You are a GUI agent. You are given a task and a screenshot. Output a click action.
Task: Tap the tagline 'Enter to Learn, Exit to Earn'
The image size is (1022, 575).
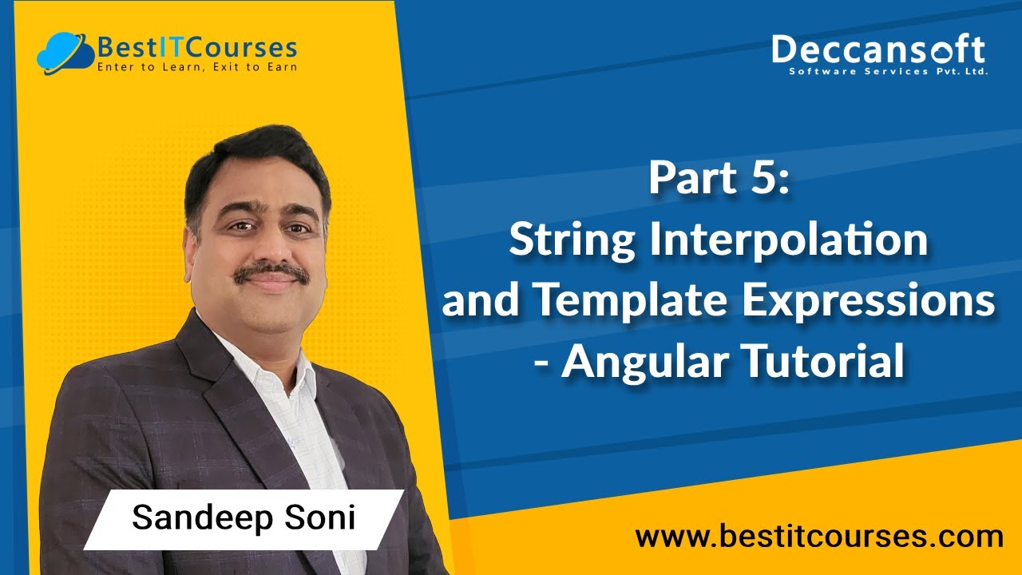point(196,68)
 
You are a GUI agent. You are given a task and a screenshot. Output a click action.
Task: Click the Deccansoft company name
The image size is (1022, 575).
point(878,50)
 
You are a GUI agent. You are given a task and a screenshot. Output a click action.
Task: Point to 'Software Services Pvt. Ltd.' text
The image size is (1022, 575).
point(888,72)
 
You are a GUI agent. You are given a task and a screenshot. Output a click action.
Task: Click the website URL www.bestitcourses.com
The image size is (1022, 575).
point(819,536)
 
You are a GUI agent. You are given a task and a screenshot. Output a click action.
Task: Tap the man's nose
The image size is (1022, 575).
point(270,248)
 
